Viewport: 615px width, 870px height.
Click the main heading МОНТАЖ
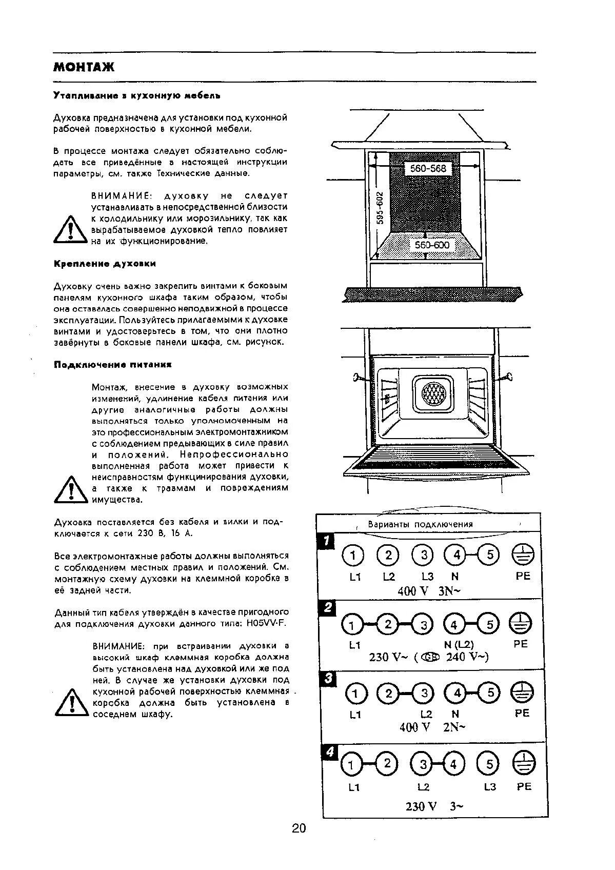(x=84, y=67)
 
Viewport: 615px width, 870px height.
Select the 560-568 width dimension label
(x=428, y=168)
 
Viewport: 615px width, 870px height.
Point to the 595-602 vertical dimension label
(x=380, y=208)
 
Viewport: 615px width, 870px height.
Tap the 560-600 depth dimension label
(x=432, y=245)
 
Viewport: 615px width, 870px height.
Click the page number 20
(x=299, y=828)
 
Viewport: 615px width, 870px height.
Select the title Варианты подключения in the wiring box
(x=420, y=524)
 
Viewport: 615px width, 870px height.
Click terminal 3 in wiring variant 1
(x=424, y=555)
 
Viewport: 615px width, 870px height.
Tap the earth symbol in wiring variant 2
(x=523, y=624)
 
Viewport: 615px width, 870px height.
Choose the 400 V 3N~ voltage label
(x=429, y=591)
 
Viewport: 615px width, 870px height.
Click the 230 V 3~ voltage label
(x=434, y=806)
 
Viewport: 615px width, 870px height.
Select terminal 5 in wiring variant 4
(x=489, y=764)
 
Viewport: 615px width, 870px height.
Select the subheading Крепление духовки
(x=105, y=264)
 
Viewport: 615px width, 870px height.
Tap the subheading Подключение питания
(x=112, y=365)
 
